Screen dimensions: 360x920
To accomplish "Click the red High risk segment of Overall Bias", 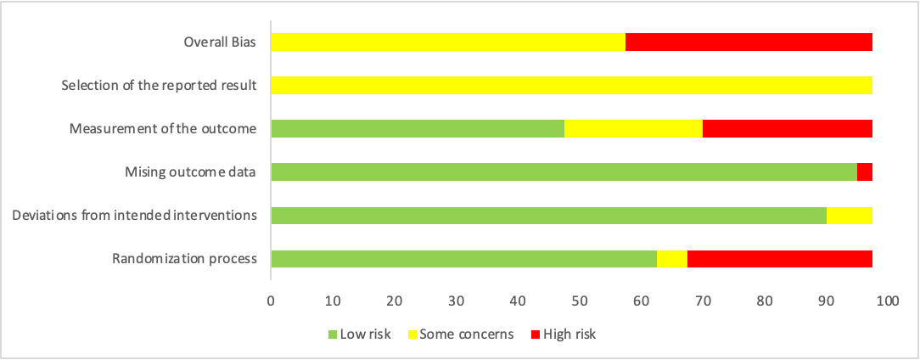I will [x=749, y=42].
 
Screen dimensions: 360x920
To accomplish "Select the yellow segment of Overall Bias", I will [x=448, y=42].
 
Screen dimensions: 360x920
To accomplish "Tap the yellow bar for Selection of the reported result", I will [x=571, y=86].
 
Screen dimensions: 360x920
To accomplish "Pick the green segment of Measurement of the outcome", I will [x=418, y=129].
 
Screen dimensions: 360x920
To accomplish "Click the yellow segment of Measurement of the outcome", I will [x=633, y=129].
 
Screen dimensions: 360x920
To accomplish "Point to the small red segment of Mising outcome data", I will [x=864, y=172].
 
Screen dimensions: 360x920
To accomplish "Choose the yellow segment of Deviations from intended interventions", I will [x=849, y=216].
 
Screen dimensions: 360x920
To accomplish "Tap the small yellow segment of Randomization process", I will [x=671, y=259].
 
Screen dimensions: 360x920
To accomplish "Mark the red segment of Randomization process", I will [x=779, y=259].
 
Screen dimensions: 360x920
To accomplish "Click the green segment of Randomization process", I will [x=463, y=259].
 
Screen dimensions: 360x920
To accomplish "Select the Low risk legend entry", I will [x=359, y=334].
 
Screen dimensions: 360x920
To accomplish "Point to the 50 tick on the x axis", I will [x=579, y=301].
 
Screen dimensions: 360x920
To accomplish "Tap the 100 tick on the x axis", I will [x=887, y=301].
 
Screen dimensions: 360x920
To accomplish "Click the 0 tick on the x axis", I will [x=271, y=301].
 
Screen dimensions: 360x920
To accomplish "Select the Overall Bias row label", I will [x=221, y=42].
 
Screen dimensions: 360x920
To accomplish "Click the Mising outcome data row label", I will [x=189, y=172].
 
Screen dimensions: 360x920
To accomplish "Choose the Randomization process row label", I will [x=184, y=259].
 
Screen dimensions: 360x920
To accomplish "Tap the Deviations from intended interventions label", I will [x=134, y=216].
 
